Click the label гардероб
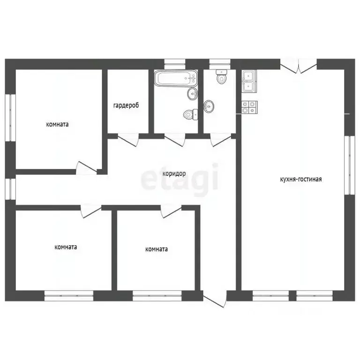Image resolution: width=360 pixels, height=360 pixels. click(x=126, y=105)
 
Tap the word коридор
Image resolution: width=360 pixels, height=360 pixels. click(x=174, y=173)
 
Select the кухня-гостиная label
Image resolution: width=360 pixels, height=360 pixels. click(x=301, y=179)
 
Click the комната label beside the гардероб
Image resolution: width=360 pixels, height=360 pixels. click(x=57, y=124)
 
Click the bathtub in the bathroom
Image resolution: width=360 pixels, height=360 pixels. click(x=176, y=78)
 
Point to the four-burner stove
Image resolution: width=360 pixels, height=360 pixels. click(x=249, y=107)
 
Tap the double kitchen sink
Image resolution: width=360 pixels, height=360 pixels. click(x=249, y=81)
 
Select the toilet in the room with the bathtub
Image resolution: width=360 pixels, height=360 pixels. click(x=191, y=114)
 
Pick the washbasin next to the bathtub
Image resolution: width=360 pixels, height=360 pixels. click(x=192, y=94)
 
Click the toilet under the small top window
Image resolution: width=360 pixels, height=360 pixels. click(x=222, y=76)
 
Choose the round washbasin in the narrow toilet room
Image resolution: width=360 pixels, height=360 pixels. click(x=209, y=106)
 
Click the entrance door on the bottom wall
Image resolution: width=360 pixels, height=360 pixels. click(x=214, y=299)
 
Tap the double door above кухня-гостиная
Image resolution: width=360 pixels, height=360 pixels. click(x=299, y=67)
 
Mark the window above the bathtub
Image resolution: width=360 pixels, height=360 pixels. click(x=175, y=64)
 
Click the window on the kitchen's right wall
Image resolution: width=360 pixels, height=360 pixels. click(x=350, y=165)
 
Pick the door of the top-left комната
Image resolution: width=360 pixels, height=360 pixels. click(x=86, y=168)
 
